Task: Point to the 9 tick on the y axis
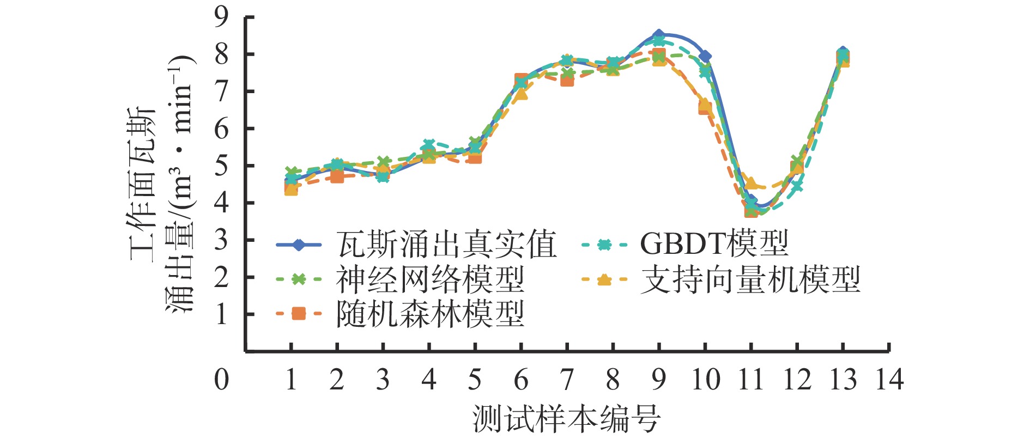coord(221,17)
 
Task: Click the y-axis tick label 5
coord(221,166)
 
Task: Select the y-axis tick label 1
coord(221,314)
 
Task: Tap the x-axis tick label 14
coord(889,380)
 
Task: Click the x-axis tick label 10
coord(705,380)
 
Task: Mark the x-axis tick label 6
coord(521,380)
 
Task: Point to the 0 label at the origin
coord(221,380)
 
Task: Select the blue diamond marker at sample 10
coord(705,56)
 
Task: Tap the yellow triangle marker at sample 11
coord(752,183)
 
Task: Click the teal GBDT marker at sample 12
coord(797,186)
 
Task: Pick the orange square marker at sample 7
coord(567,80)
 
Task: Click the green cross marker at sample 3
coord(383,162)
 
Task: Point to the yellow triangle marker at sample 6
coord(522,94)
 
